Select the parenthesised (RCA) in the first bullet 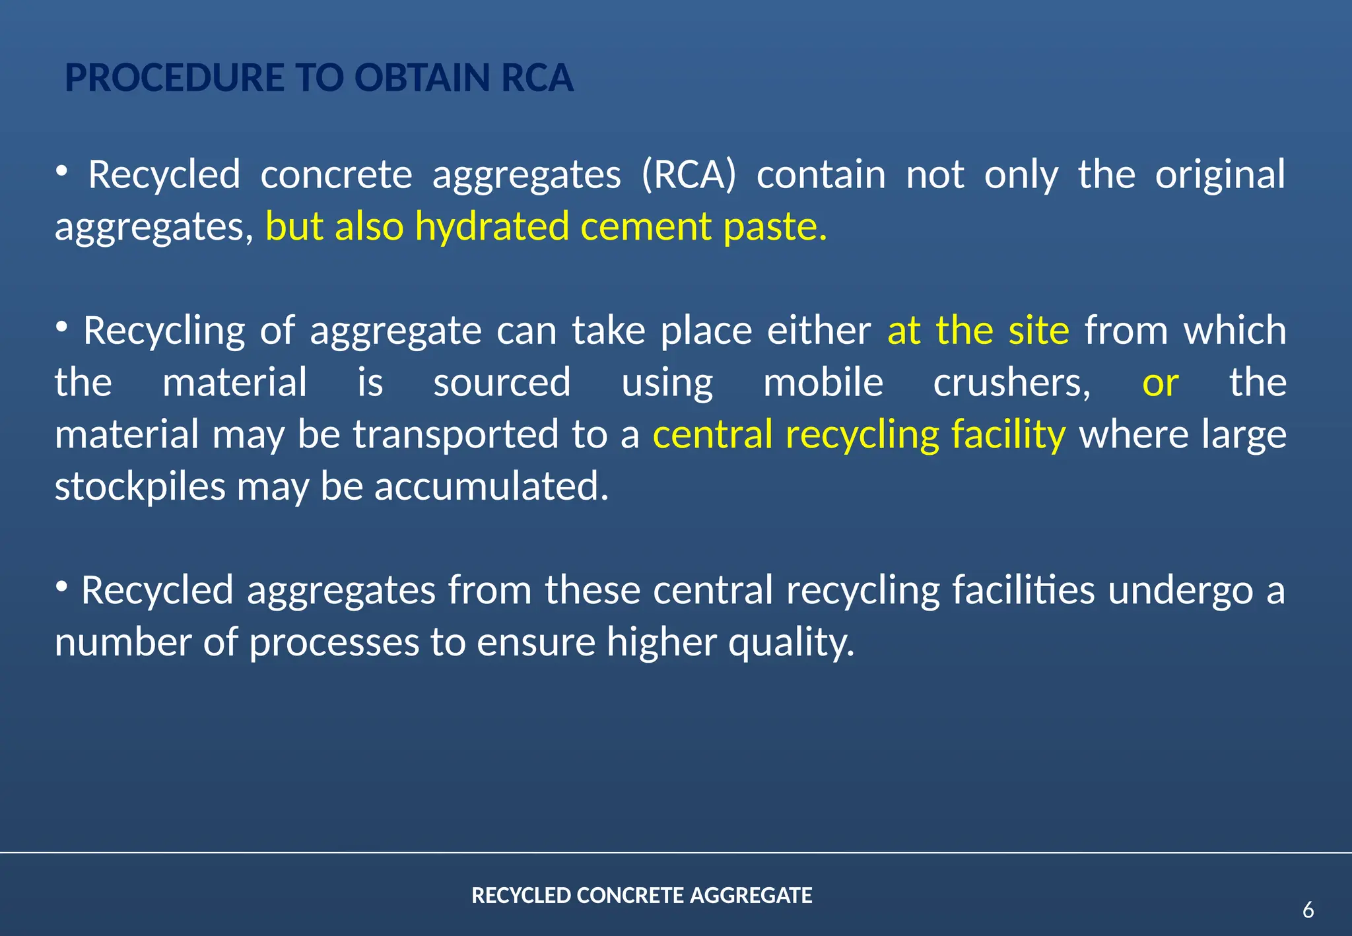[689, 175]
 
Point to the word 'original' [1220, 175]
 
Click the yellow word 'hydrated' [492, 226]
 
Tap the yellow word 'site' [1038, 330]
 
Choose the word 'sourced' [502, 382]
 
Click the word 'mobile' [823, 382]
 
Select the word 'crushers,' [1011, 382]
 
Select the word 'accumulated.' [491, 486]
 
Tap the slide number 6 [1308, 910]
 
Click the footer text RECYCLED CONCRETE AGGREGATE [642, 896]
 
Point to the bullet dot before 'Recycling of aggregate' [61, 326]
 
